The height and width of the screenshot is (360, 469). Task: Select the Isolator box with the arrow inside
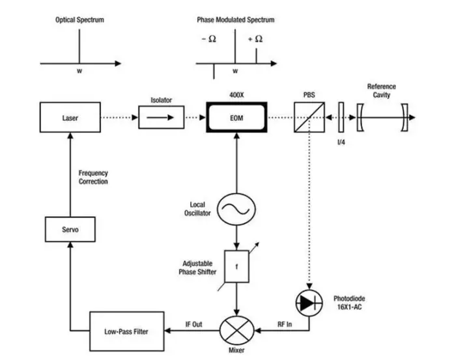161,118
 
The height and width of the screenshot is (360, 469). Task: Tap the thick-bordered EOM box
236,118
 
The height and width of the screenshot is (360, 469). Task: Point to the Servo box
70,230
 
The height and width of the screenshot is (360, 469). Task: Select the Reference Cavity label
381,91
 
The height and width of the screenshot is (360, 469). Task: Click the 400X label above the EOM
236,95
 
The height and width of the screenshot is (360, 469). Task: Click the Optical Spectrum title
79,20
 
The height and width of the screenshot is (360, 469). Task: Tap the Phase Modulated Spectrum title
235,20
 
